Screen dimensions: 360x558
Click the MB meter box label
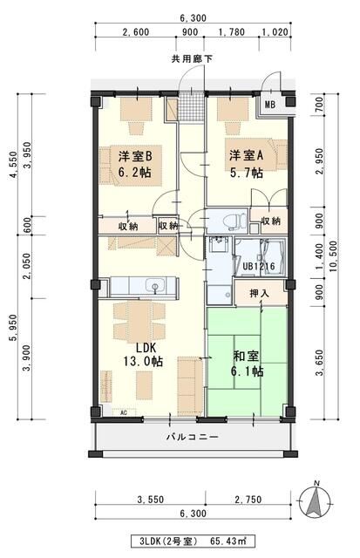pyautogui.click(x=270, y=105)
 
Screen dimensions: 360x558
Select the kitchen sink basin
pyautogui.click(x=155, y=286)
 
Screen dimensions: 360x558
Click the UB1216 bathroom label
pyautogui.click(x=259, y=266)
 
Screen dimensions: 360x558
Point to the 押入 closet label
pyautogui.click(x=260, y=294)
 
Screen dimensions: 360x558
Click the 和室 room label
pyautogui.click(x=246, y=356)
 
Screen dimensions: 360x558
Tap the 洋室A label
pyautogui.click(x=246, y=155)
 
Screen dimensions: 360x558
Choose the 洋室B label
pyautogui.click(x=135, y=156)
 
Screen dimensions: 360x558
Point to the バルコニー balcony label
pyautogui.click(x=192, y=436)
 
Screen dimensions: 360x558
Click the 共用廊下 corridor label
pyautogui.click(x=192, y=59)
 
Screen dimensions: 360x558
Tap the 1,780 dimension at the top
pyautogui.click(x=232, y=32)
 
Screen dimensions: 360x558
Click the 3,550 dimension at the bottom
pyautogui.click(x=151, y=500)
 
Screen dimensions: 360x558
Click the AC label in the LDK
pyautogui.click(x=124, y=413)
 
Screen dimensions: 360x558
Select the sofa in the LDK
pyautogui.click(x=190, y=385)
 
